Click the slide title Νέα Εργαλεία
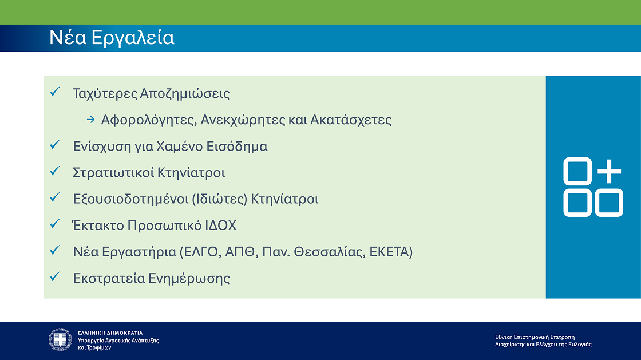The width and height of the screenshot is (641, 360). point(112,38)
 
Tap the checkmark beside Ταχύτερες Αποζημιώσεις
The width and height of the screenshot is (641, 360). point(56,92)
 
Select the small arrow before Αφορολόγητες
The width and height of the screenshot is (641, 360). point(90,120)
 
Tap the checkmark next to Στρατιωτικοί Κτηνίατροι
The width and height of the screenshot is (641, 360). point(56,171)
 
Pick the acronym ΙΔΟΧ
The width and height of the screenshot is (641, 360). point(220,226)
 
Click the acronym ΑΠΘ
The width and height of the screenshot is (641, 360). point(234,252)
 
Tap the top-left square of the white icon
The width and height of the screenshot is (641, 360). point(577,171)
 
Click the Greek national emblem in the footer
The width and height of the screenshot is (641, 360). point(60,340)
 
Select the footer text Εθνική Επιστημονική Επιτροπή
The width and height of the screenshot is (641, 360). point(535,337)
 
